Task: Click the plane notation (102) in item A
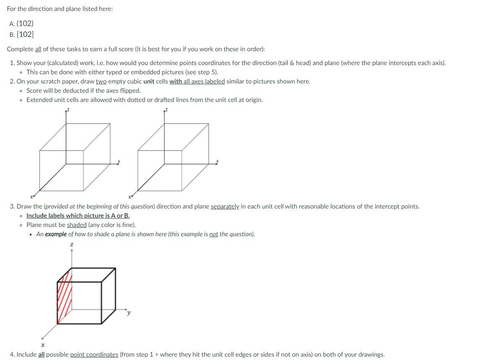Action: [x=25, y=23]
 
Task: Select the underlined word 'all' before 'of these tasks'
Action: [x=38, y=49]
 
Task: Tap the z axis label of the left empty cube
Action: [x=68, y=110]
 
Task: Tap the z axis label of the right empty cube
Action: [x=166, y=110]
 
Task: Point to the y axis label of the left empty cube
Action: [x=119, y=161]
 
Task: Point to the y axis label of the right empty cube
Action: [x=217, y=161]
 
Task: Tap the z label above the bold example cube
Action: [x=72, y=244]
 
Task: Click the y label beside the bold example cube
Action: [x=129, y=312]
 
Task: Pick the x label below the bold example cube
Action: [x=42, y=345]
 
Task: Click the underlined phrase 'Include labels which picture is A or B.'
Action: [x=78, y=216]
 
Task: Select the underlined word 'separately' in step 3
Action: [x=224, y=206]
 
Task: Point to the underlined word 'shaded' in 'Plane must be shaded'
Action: [x=77, y=225]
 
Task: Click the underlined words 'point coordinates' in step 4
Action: [x=94, y=355]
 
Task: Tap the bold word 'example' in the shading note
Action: [x=56, y=234]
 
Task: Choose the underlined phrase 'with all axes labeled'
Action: [x=197, y=81]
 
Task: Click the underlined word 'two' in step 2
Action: [x=101, y=81]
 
